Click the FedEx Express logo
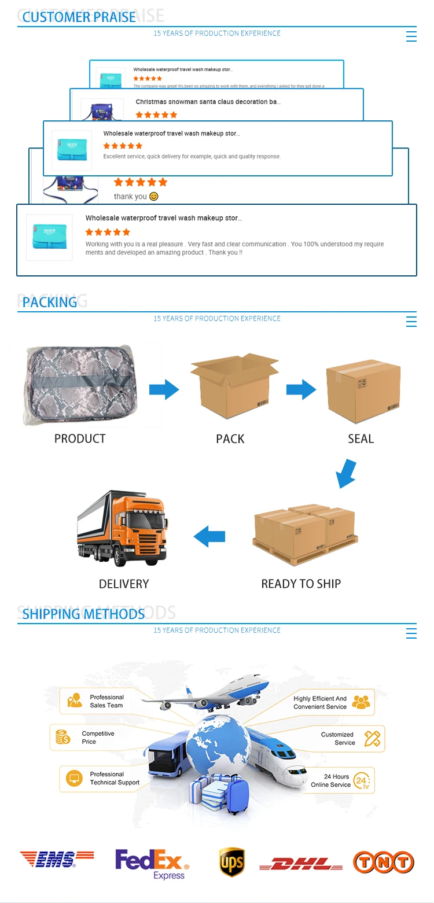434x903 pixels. click(152, 864)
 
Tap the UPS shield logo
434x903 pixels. click(231, 863)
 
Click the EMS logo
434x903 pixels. click(56, 859)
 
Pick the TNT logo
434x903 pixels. click(384, 862)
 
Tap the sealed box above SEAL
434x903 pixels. click(363, 386)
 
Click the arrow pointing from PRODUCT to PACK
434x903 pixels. click(164, 389)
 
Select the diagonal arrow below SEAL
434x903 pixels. click(346, 473)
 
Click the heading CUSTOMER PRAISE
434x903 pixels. click(79, 17)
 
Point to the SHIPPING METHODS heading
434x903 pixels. click(83, 614)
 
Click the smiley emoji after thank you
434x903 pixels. click(153, 197)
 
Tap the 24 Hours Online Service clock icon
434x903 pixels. click(362, 780)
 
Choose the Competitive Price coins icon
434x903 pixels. click(63, 737)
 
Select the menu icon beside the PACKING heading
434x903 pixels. click(411, 321)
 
